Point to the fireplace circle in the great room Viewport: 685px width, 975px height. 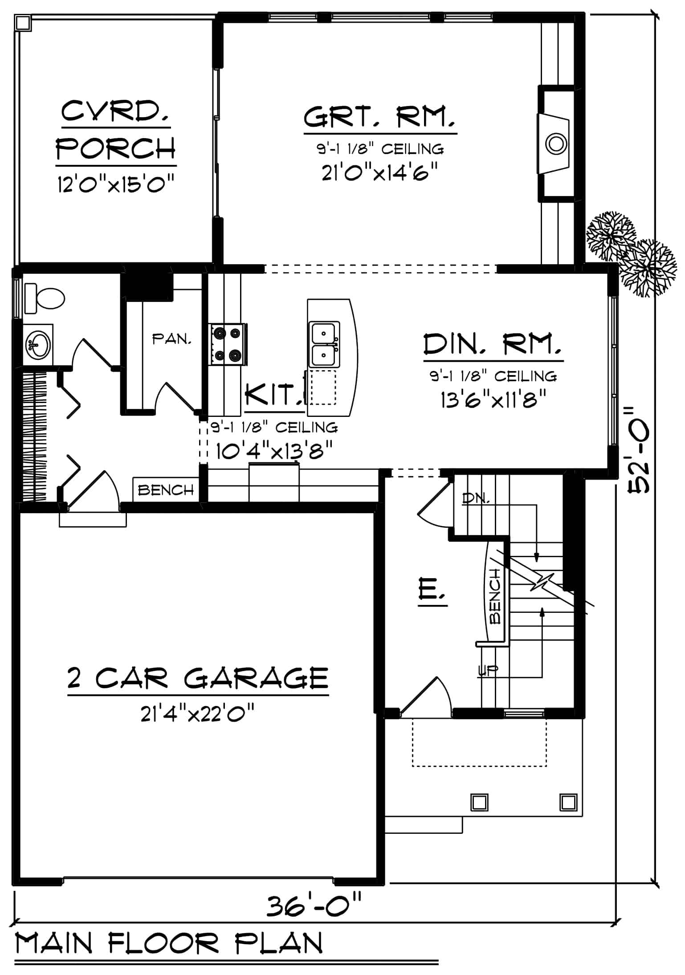click(x=555, y=143)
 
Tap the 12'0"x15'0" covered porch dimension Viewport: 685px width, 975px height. click(x=115, y=184)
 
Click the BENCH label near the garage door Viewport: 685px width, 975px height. click(x=166, y=490)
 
